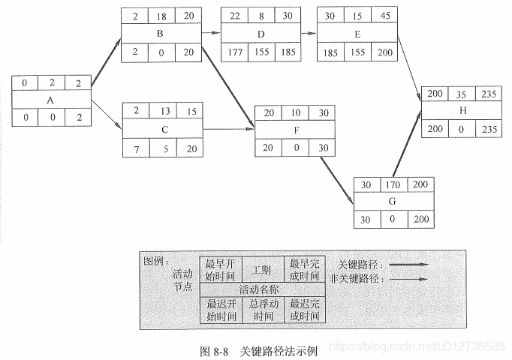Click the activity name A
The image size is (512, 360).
pyautogui.click(x=50, y=100)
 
